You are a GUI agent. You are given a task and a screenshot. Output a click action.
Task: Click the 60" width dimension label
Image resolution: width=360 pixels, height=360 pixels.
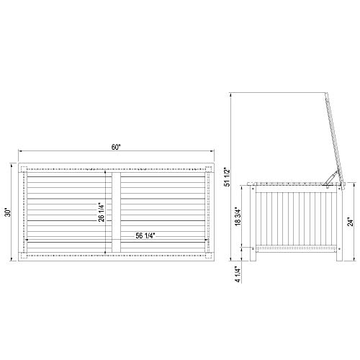pyautogui.click(x=115, y=148)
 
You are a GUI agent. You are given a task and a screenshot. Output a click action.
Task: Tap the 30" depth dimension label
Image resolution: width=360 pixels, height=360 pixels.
pyautogui.click(x=9, y=212)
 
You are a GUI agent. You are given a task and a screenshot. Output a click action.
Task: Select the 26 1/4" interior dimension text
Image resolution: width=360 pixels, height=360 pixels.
pyautogui.click(x=102, y=212)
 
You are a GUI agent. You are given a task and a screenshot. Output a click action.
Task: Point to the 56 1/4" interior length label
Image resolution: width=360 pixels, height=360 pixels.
pyautogui.click(x=145, y=235)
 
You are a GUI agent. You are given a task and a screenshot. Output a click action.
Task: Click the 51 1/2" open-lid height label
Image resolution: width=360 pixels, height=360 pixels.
pyautogui.click(x=228, y=177)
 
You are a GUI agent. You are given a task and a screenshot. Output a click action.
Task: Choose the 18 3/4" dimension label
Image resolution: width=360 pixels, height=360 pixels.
pyautogui.click(x=238, y=216)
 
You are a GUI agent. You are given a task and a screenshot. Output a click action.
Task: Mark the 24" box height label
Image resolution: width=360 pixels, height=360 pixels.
pyautogui.click(x=351, y=222)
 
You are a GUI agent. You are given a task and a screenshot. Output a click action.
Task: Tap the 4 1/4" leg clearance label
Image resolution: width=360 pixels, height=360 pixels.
pyautogui.click(x=238, y=274)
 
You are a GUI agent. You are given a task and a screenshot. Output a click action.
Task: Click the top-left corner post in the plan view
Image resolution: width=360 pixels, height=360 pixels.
pyautogui.click(x=24, y=168)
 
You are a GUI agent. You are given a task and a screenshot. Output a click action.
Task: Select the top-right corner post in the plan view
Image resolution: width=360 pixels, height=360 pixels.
pyautogui.click(x=209, y=168)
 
